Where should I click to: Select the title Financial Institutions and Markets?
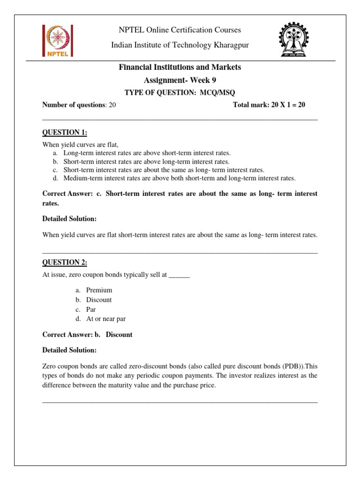point(180,67)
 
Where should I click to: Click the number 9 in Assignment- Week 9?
point(214,80)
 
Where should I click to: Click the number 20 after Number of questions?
point(112,105)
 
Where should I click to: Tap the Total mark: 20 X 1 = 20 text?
point(269,105)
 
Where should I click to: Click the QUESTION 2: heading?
point(65,262)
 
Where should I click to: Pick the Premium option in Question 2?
point(99,290)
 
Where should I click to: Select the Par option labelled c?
point(91,309)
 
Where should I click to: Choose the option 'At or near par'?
point(105,319)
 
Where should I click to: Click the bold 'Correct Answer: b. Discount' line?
point(87,335)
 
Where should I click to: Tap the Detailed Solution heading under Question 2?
point(69,350)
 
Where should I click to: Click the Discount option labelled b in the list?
point(99,300)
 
